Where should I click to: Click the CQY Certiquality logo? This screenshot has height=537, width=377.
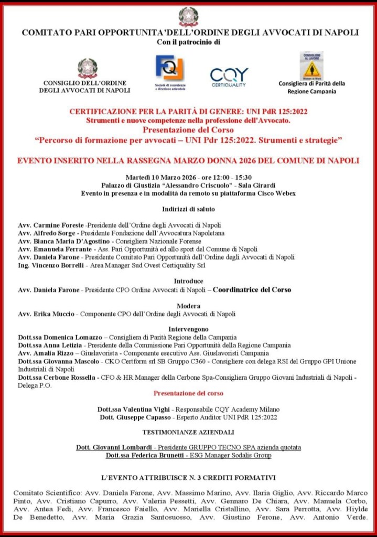pyautogui.click(x=229, y=77)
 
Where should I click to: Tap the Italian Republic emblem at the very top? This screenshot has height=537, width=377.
pyautogui.click(x=188, y=16)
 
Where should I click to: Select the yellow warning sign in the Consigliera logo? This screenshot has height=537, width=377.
pyautogui.click(x=311, y=69)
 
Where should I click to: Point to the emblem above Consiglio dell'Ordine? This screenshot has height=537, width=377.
pyautogui.click(x=88, y=68)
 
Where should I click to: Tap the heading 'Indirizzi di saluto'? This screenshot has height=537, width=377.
pyautogui.click(x=188, y=208)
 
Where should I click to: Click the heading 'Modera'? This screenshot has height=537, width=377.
pyautogui.click(x=188, y=305)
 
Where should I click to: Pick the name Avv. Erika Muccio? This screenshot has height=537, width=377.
pyautogui.click(x=46, y=314)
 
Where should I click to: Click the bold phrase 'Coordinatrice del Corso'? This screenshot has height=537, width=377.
pyautogui.click(x=252, y=289)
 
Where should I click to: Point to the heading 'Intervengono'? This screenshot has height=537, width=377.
pyautogui.click(x=188, y=329)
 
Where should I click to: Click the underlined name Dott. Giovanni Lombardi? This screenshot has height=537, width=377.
pyautogui.click(x=115, y=448)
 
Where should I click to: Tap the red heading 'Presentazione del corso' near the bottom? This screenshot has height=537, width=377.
pyautogui.click(x=188, y=393)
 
